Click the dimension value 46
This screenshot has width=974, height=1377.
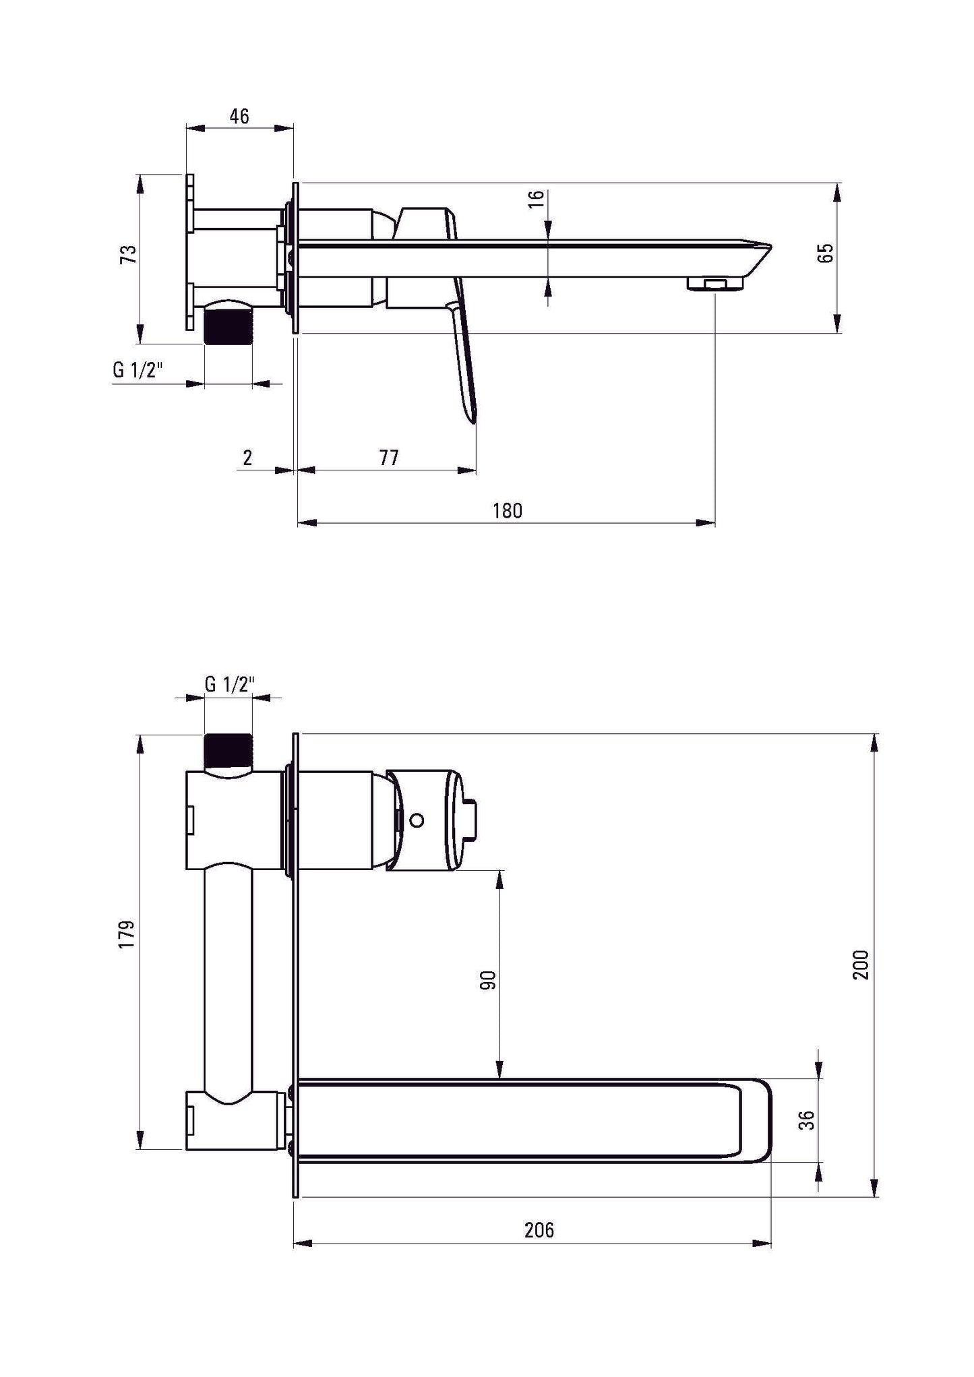pos(239,116)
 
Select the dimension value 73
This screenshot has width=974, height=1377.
pos(128,254)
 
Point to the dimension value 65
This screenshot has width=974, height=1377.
pos(826,252)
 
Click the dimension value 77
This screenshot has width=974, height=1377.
pos(389,458)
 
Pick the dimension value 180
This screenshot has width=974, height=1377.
pos(507,510)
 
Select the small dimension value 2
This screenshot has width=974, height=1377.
pos(247,458)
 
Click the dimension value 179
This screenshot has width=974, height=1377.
pos(127,934)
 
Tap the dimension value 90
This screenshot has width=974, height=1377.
pos(488,980)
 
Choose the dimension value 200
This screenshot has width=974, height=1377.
pos(862,965)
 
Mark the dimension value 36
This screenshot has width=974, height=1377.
pos(807,1120)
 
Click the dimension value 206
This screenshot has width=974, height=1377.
pos(539,1230)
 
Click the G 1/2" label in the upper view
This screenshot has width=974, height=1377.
pos(138,370)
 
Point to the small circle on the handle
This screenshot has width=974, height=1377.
pos(417,820)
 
